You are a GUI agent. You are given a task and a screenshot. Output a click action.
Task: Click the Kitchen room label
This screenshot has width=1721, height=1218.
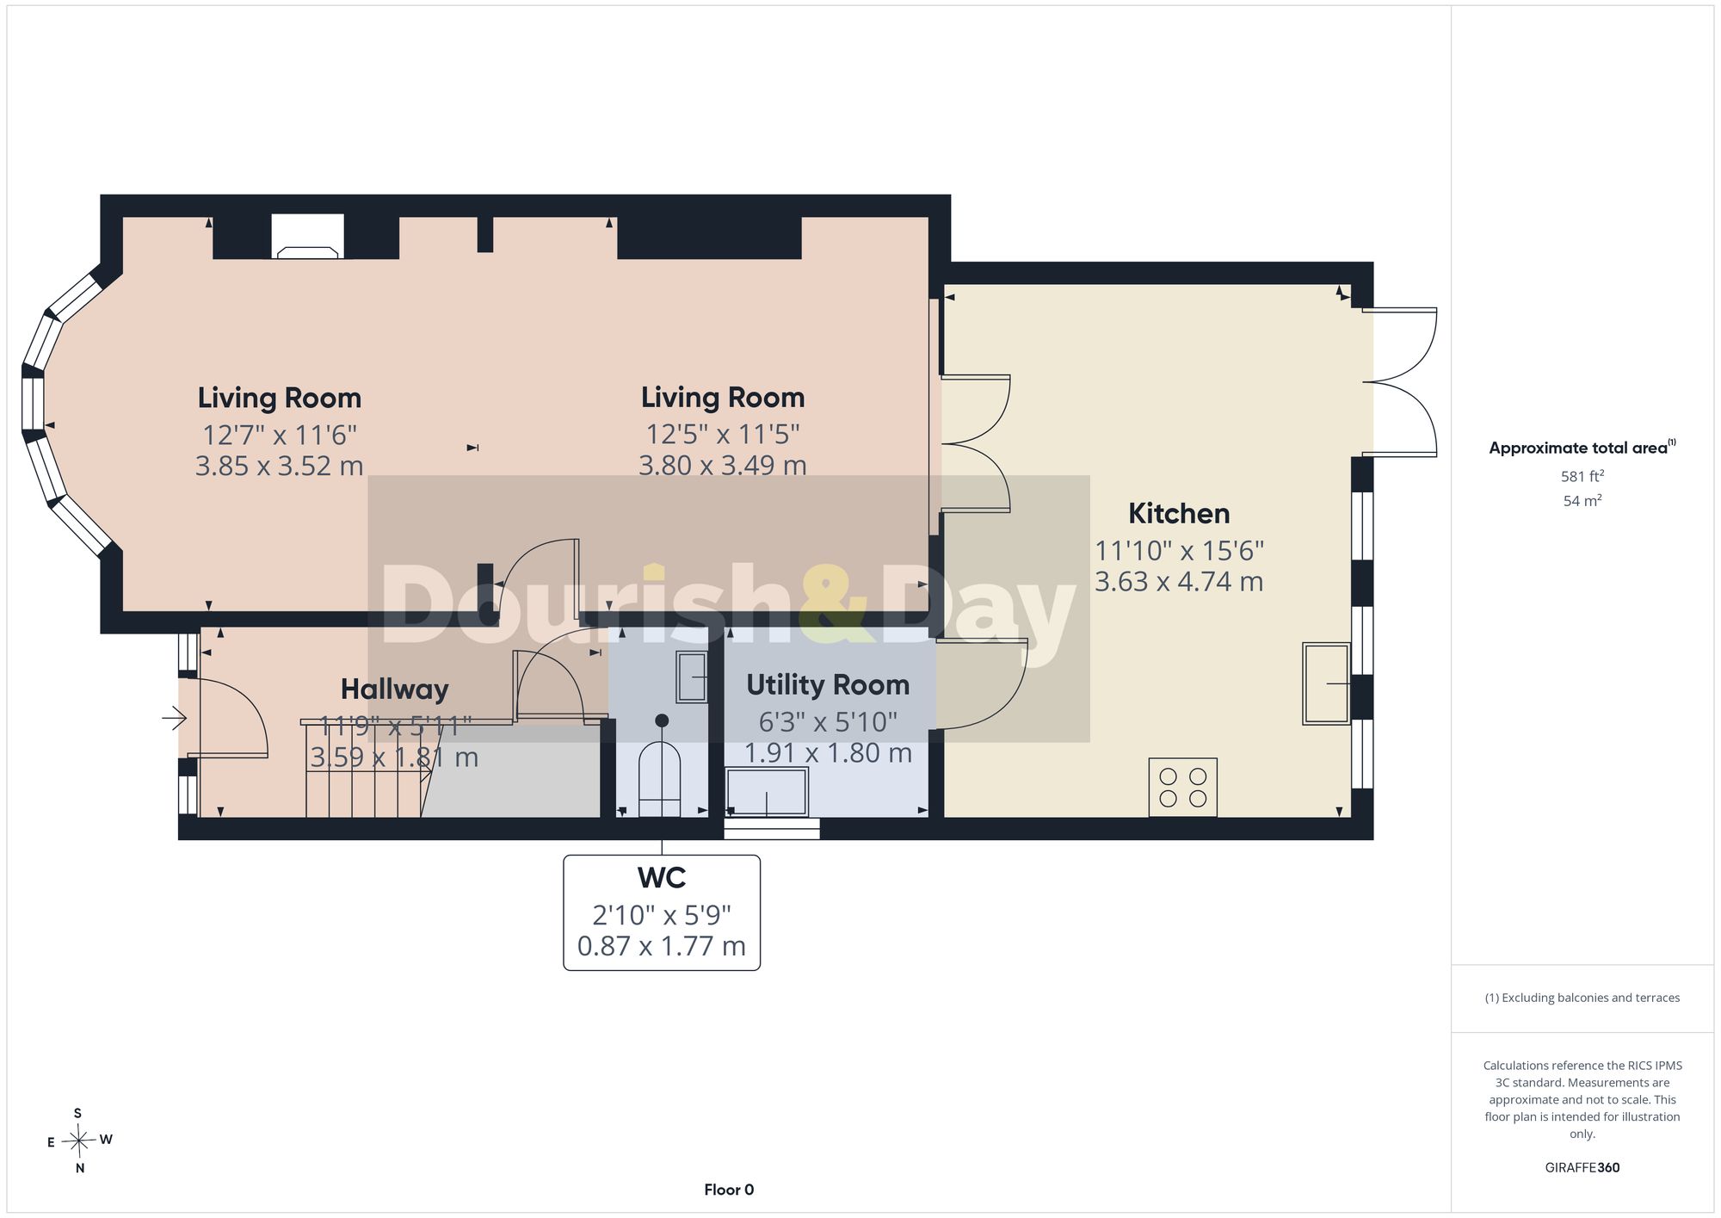(x=1179, y=514)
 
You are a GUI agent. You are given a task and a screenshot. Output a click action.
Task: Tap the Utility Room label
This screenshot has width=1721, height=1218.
(x=828, y=685)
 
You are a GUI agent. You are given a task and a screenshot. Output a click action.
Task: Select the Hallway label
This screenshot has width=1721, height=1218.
(x=395, y=689)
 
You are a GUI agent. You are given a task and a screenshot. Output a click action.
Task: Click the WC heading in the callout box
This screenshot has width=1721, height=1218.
(x=662, y=878)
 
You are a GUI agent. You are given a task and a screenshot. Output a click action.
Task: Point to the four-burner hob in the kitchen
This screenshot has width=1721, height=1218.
(x=1183, y=787)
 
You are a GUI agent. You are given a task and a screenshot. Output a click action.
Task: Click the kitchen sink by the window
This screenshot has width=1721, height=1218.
(x=1326, y=683)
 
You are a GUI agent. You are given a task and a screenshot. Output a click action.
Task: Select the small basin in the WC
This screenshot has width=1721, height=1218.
(x=692, y=677)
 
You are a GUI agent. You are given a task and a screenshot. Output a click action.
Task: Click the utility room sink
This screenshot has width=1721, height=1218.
(x=767, y=792)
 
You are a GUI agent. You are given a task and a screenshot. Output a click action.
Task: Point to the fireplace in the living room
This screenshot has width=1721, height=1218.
(x=307, y=237)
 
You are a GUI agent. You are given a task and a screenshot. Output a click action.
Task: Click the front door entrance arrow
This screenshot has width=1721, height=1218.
(x=175, y=717)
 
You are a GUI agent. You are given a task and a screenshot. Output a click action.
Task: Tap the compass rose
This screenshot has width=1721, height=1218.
(x=79, y=1141)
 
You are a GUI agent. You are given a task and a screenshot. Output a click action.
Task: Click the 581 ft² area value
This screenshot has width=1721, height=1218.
(x=1582, y=476)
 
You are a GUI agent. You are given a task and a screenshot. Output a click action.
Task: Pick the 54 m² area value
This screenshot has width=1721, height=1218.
(x=1582, y=501)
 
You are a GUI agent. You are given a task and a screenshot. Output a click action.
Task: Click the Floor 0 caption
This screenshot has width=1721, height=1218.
(x=729, y=1190)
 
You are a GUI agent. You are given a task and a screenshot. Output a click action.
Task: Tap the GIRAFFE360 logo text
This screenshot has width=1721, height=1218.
(x=1582, y=1168)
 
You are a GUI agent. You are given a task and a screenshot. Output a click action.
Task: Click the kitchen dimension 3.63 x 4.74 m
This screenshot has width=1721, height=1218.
(x=1179, y=582)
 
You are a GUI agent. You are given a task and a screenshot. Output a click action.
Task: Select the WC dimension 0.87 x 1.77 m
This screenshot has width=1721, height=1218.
(x=662, y=947)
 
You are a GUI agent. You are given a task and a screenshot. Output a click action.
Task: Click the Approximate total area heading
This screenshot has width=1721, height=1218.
(x=1582, y=448)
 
